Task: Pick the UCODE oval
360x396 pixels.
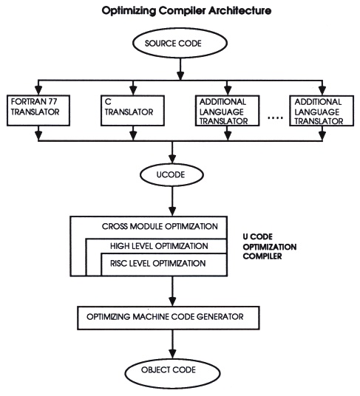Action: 172,177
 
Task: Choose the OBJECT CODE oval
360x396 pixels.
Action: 172,370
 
